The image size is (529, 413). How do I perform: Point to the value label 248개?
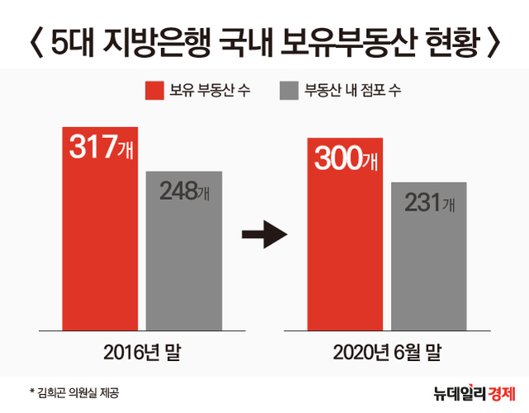pos(184,192)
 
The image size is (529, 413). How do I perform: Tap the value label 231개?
pos(429,202)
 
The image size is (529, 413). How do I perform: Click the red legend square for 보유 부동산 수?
pos(155,89)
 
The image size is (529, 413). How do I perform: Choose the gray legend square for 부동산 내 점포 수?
pos(290,89)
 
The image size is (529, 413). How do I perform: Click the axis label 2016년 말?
pos(141,354)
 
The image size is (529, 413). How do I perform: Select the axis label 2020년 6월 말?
pos(387,354)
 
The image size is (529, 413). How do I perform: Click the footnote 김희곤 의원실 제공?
pos(83,391)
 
